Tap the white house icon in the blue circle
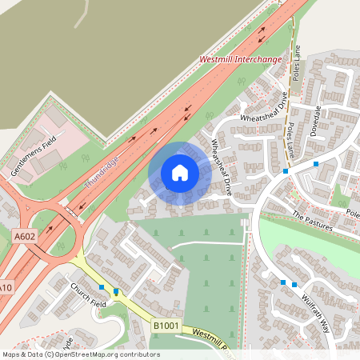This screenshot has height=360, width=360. tap(180, 173)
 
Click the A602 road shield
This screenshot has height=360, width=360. tap(24, 235)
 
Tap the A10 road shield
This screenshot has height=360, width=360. tap(6, 287)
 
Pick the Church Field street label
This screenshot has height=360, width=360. tap(87, 295)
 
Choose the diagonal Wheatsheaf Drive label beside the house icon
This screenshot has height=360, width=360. tap(221, 167)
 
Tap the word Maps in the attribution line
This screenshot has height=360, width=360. tap(11, 354)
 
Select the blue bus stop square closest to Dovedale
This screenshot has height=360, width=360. tap(316, 163)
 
